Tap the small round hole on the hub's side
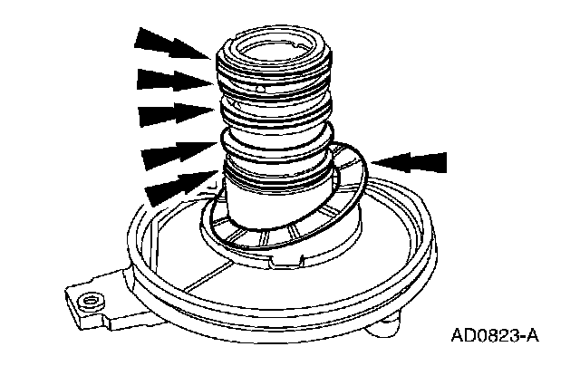(x=261, y=90)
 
